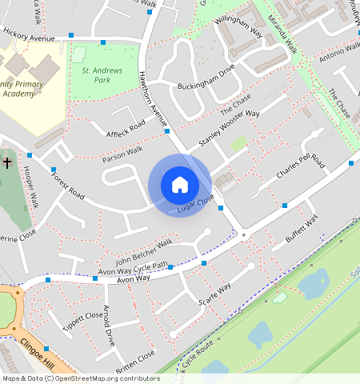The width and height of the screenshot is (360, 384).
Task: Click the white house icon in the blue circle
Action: coord(180,185)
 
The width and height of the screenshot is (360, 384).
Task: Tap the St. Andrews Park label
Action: coord(102,75)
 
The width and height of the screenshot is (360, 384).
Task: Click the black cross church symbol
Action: coord(7,163)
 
